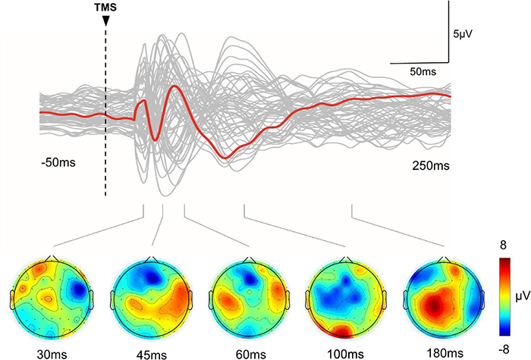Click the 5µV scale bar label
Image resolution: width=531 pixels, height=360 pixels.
[x=464, y=33]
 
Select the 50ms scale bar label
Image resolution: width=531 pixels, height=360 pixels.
[x=422, y=70]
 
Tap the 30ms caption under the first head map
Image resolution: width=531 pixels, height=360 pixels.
[x=48, y=352]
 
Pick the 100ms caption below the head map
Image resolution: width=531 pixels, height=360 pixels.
[x=345, y=352]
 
